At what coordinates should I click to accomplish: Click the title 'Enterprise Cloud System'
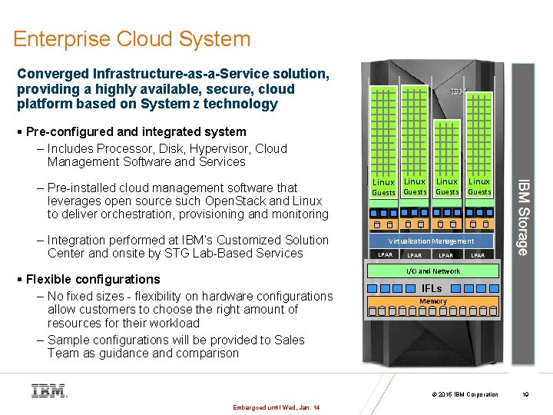click(x=131, y=39)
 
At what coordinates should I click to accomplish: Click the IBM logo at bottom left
click(x=49, y=390)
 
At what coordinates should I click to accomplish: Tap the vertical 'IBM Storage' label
click(x=522, y=217)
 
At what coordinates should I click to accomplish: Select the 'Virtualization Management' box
click(x=432, y=241)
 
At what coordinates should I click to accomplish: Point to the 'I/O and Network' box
click(x=433, y=271)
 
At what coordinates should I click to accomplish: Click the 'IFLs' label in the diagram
click(x=432, y=288)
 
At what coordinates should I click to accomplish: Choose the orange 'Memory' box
click(x=433, y=301)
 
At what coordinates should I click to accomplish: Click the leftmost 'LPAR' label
click(x=385, y=254)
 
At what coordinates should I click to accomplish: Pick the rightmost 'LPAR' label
click(x=478, y=254)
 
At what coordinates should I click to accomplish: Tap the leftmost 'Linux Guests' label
click(x=383, y=187)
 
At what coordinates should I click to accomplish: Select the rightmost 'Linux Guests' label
click(x=479, y=187)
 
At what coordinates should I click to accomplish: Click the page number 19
click(x=525, y=395)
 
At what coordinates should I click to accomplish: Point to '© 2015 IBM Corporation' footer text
click(x=465, y=395)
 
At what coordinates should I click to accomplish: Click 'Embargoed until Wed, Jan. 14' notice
click(x=275, y=407)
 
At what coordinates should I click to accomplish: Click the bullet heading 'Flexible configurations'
click(x=93, y=279)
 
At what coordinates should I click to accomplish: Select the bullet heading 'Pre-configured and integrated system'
click(x=136, y=131)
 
